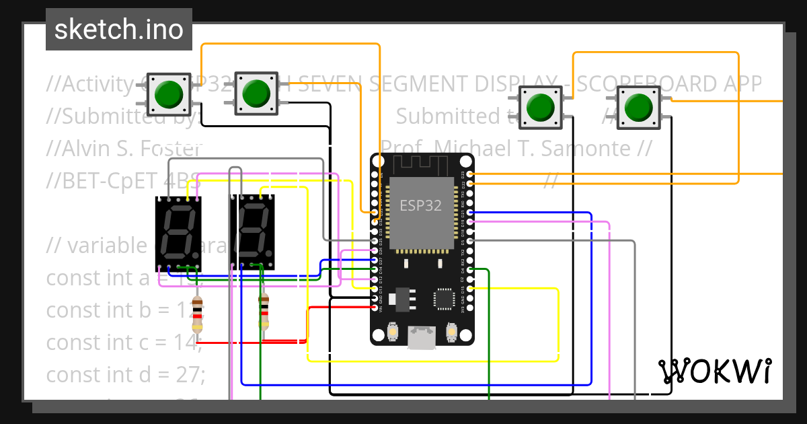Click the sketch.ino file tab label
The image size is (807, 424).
coord(118,30)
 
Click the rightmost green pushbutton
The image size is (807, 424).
coord(638,108)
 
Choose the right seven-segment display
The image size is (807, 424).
coord(252,233)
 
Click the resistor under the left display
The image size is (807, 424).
coord(196,314)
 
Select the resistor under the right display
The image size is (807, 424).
coord(264,313)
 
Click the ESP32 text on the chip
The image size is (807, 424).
coord(421,206)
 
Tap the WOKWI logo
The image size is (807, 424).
coord(714,371)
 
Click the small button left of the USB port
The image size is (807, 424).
coord(393,332)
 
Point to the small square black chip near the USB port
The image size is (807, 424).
coord(444,298)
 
